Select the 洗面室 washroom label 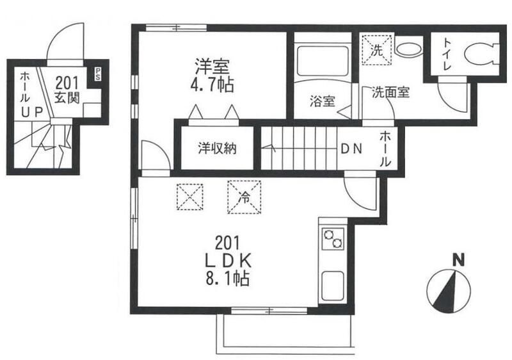point(390,92)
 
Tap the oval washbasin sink point(406,48)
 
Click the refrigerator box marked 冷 point(244,196)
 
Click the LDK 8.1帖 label point(227,261)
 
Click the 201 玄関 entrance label point(66,89)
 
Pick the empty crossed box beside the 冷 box point(189,196)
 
